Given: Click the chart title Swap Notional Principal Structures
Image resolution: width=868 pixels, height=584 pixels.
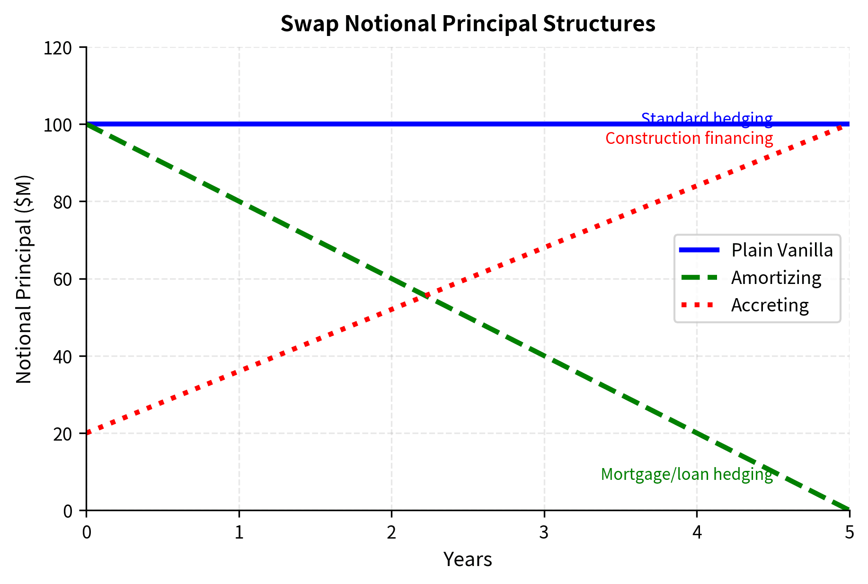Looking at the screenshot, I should click(x=468, y=24).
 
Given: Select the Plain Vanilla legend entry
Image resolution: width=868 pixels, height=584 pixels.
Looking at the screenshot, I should click(x=782, y=250).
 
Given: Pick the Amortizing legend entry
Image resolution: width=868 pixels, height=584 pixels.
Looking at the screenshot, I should click(x=776, y=277).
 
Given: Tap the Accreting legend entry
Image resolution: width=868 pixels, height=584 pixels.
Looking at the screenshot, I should click(x=770, y=305).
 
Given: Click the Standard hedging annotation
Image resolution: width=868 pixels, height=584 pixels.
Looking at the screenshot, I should click(x=707, y=118).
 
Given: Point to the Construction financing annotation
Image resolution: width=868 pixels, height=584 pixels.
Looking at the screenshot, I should click(x=689, y=138).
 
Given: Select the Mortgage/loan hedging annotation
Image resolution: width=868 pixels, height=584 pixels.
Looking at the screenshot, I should click(x=687, y=474).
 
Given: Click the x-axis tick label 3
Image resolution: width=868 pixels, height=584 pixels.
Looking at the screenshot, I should click(x=544, y=533).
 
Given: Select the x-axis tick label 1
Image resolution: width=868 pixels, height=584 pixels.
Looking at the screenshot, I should click(x=239, y=533).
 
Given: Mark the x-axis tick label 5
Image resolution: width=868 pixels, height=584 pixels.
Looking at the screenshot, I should click(x=849, y=533).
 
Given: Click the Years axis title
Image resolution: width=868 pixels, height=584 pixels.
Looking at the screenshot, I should click(x=468, y=559).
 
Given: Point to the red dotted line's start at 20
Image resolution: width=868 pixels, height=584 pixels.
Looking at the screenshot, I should click(x=87, y=434).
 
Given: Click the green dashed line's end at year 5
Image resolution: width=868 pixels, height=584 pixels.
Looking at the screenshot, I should click(x=849, y=510).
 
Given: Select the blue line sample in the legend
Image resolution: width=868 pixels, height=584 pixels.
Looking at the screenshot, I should click(x=699, y=250).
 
